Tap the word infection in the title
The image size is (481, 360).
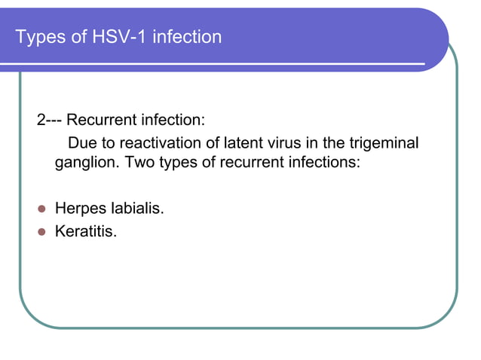tap(187, 36)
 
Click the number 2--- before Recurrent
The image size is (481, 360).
tap(51, 121)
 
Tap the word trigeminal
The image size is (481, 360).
tap(381, 143)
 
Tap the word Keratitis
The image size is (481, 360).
tap(86, 232)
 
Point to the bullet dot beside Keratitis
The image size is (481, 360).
tap(42, 232)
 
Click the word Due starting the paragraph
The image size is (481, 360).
tap(81, 143)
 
